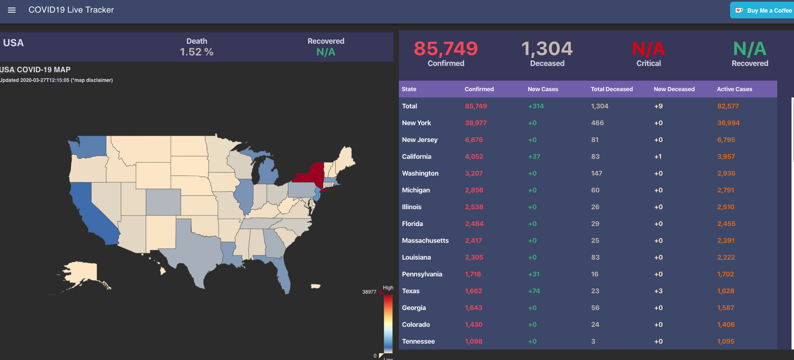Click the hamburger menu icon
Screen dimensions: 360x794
pyautogui.click(x=12, y=10)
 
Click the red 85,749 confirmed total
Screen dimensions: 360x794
pyautogui.click(x=446, y=49)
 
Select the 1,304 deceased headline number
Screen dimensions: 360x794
pyautogui.click(x=547, y=49)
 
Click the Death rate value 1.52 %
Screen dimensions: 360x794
pyautogui.click(x=196, y=52)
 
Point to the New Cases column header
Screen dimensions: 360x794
pyautogui.click(x=543, y=89)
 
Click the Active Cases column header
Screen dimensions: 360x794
pyautogui.click(x=734, y=89)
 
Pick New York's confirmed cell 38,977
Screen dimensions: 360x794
pyautogui.click(x=475, y=123)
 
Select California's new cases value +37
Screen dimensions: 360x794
pyautogui.click(x=534, y=157)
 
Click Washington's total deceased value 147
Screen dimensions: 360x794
pyautogui.click(x=596, y=173)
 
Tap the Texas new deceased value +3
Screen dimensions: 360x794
pyautogui.click(x=658, y=291)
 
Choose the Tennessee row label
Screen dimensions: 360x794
pyautogui.click(x=418, y=342)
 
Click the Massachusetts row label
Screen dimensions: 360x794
pyautogui.click(x=425, y=241)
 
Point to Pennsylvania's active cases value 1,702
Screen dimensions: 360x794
pyautogui.click(x=725, y=274)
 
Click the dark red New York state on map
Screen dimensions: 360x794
pyautogui.click(x=311, y=173)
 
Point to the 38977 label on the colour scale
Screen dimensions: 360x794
pyautogui.click(x=369, y=292)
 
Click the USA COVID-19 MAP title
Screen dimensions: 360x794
pyautogui.click(x=35, y=70)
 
